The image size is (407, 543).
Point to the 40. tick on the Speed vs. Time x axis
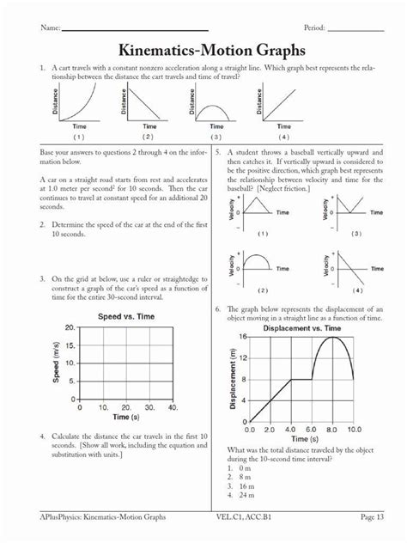[173, 407]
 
